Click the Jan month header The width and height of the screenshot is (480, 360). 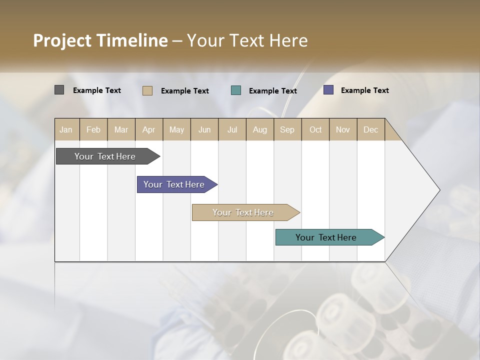coord(66,130)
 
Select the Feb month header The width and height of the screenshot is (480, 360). coord(93,130)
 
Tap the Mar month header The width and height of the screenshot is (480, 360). coord(121,130)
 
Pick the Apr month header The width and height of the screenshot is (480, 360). coord(149,130)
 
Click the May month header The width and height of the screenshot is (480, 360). coord(176,130)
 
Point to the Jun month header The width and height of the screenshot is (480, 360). coord(204,130)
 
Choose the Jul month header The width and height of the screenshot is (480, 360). coord(232,130)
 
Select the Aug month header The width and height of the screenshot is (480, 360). coord(260,130)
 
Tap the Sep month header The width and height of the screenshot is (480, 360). coord(287,130)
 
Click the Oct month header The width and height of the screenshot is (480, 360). coord(315,130)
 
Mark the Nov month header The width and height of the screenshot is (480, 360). coord(343,130)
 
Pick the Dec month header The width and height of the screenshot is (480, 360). coord(371,130)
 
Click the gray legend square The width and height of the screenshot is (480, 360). coord(59,90)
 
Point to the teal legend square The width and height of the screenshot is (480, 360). coord(236,90)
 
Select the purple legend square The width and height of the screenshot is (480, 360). coord(328,90)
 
